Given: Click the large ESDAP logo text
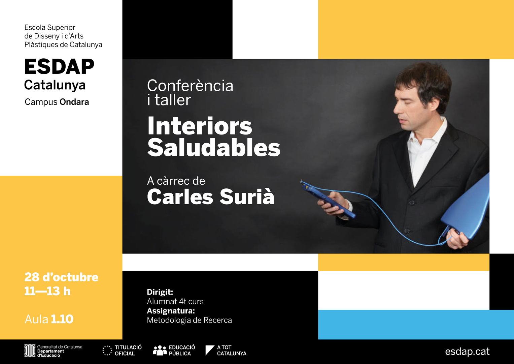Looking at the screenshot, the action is [59, 66].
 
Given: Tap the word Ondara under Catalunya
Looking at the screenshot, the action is [74, 102].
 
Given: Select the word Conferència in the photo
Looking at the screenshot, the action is [190, 86].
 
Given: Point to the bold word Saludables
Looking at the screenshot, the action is [214, 148].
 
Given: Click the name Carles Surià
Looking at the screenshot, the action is [211, 197].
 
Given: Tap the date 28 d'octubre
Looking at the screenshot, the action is [61, 277].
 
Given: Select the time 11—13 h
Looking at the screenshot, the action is [47, 291].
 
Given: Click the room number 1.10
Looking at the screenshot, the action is [62, 319].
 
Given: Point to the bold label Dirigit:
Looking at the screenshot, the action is [160, 292].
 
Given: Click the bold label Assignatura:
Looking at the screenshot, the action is [171, 311].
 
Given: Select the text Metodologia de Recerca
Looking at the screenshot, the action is [189, 320].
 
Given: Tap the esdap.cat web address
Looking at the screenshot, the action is [467, 351].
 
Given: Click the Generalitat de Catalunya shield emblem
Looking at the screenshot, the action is [30, 351].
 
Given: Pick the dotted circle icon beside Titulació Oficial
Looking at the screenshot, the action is [107, 351].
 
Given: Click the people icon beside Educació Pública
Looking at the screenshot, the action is [160, 351].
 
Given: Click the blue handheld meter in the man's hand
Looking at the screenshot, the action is [328, 200].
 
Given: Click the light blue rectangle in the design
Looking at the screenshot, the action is [416, 325].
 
